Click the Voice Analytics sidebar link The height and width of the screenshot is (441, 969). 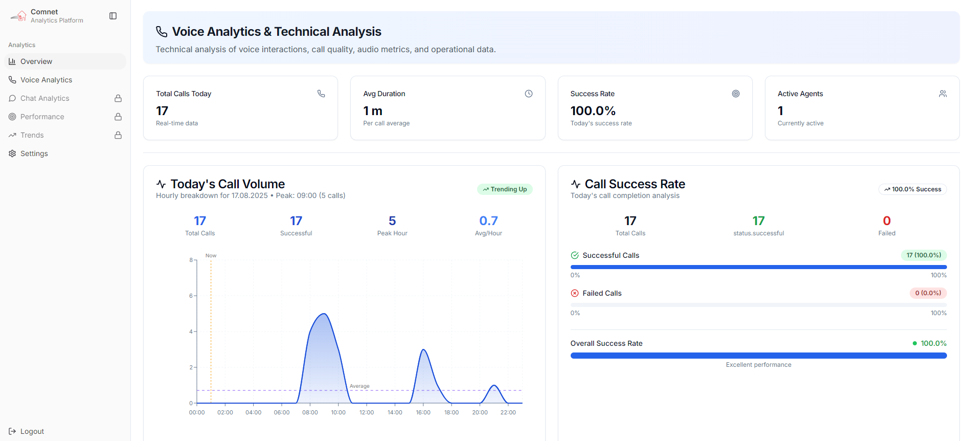coord(46,80)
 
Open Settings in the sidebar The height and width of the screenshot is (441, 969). coord(34,153)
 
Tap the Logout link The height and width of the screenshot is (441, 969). coord(32,431)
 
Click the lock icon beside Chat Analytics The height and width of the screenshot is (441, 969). coord(118,98)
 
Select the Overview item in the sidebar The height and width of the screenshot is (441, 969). coord(36,61)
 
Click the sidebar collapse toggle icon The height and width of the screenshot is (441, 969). coord(113,16)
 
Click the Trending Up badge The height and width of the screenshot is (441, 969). coord(505,189)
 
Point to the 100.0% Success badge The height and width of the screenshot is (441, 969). coord(913,189)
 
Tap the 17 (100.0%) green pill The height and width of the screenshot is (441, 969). coord(923,255)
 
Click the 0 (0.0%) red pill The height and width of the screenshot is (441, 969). coord(928,293)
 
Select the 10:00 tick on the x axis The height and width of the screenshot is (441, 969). coord(338,412)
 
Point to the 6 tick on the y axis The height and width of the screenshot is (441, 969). coord(191,296)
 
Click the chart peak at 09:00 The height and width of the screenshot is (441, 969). coord(323,314)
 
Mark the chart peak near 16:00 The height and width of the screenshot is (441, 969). coord(423,350)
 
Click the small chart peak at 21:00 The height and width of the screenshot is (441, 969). coord(494,386)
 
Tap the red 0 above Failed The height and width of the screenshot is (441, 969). coord(887,221)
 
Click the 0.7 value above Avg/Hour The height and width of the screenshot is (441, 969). coord(488,221)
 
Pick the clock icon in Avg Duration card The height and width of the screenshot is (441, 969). coord(529,94)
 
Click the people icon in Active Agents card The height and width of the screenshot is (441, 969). coord(943,94)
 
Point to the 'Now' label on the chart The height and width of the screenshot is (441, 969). coord(211,256)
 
